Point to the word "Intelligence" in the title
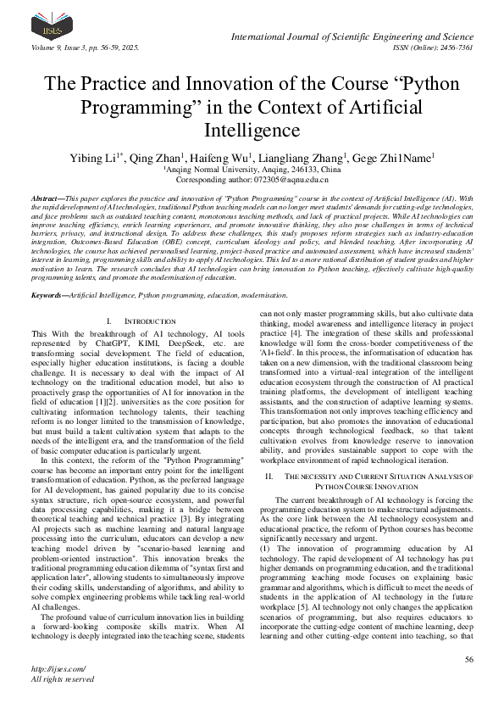tap(252, 131)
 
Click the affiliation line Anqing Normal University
tap(252, 170)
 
